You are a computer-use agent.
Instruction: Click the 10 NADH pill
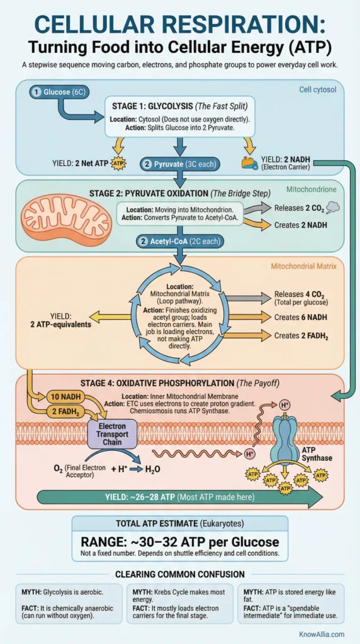(65, 397)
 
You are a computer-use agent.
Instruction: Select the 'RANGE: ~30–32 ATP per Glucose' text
(179, 542)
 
